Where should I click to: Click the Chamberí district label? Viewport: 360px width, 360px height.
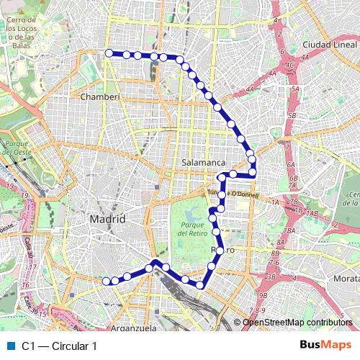pos(100,96)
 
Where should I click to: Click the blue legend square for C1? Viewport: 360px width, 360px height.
pos(9,346)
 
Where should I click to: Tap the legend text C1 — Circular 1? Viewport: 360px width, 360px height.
pos(59,346)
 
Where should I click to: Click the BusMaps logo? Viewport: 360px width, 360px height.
pos(326,346)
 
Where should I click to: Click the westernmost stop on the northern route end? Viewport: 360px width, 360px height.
pos(109,53)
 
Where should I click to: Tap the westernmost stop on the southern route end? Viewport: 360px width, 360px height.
pos(106,281)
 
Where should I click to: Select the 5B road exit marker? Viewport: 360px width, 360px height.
pos(292,115)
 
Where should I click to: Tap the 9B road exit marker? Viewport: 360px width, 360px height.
pos(263,295)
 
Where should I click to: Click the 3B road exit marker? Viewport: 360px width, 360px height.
pos(271,276)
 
